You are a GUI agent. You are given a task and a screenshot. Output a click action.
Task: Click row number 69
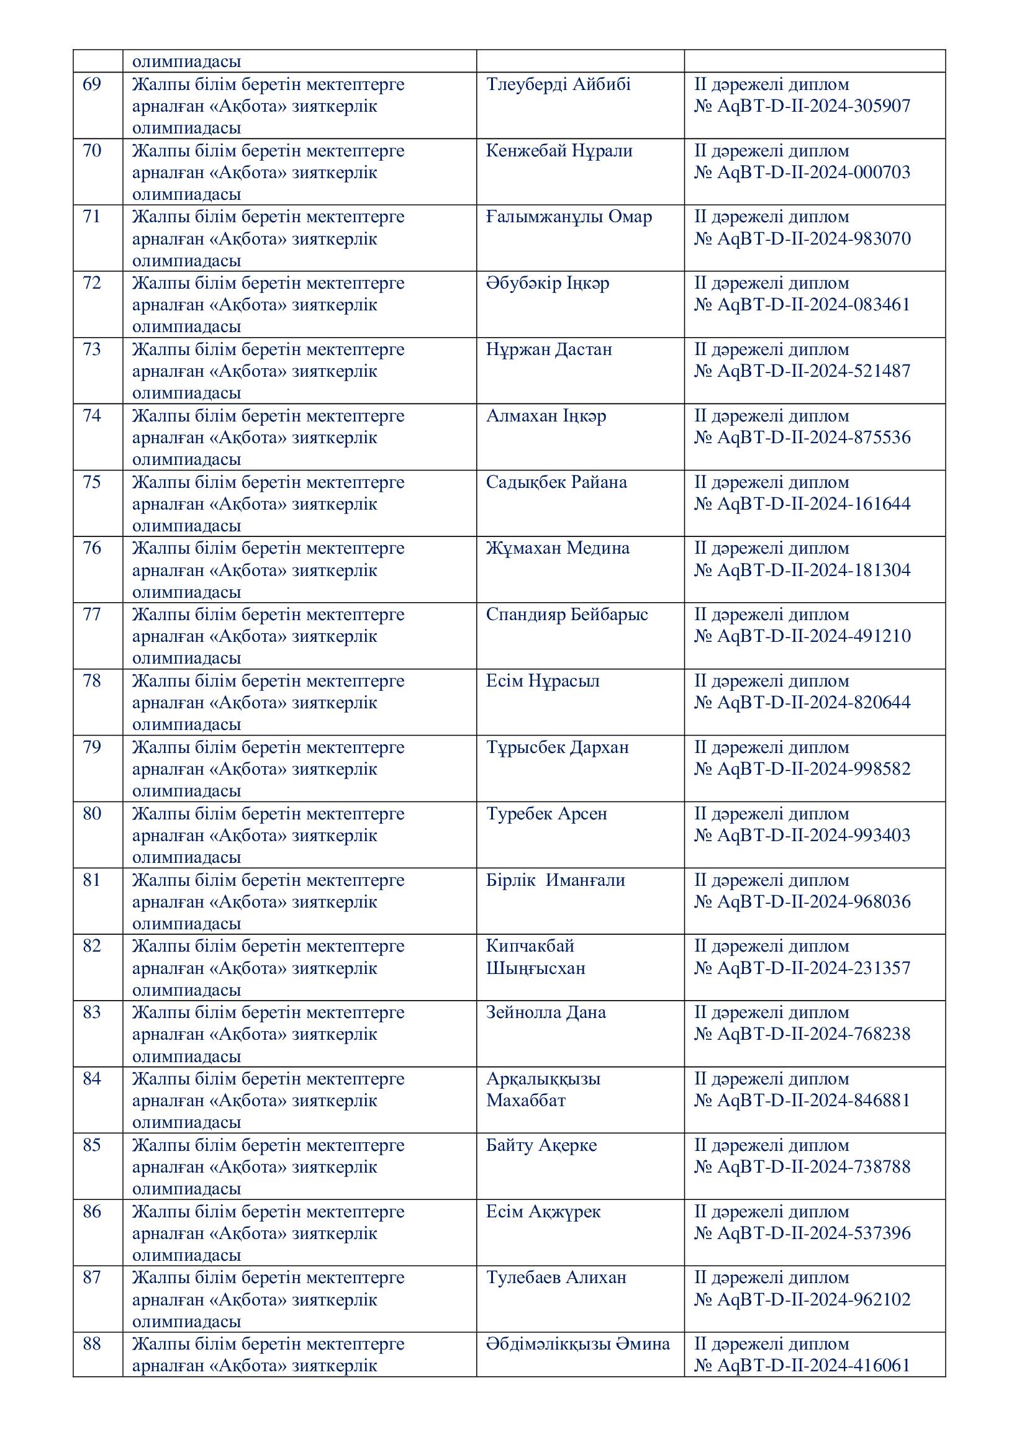click(x=92, y=84)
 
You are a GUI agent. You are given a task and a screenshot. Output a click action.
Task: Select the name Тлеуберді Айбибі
click(x=558, y=84)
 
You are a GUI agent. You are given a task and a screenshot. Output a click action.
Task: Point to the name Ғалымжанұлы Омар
click(x=569, y=217)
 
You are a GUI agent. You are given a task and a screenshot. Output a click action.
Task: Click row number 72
click(x=92, y=282)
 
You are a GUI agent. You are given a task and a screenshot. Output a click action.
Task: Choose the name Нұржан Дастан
click(x=548, y=349)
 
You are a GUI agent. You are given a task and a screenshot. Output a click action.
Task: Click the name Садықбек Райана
click(x=556, y=482)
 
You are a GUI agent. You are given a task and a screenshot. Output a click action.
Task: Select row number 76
click(x=92, y=548)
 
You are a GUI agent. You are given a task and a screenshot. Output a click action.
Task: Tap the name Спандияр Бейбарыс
click(x=567, y=614)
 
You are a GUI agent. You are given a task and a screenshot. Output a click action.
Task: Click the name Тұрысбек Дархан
click(x=557, y=747)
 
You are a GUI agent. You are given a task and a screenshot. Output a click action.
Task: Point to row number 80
click(x=92, y=813)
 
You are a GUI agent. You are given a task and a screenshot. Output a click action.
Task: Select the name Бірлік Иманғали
click(x=555, y=880)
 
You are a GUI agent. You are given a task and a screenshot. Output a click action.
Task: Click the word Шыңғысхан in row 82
click(x=535, y=968)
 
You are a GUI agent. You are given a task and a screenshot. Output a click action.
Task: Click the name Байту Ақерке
click(x=541, y=1145)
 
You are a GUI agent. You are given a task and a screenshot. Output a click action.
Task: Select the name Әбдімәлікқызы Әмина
click(x=577, y=1344)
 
